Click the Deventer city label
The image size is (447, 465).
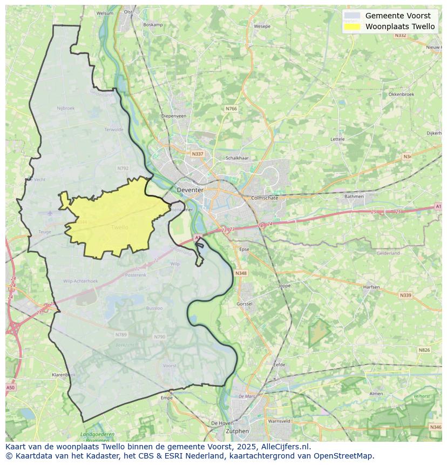[190, 190]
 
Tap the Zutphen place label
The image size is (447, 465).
[238, 431]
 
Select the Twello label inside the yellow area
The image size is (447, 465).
[119, 227]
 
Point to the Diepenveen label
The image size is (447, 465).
[174, 116]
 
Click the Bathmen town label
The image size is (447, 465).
[354, 196]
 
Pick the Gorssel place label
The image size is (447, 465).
[245, 304]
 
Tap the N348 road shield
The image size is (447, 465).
[241, 273]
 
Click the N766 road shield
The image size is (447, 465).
[231, 109]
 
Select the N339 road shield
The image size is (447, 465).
[405, 295]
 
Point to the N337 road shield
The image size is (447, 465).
[198, 154]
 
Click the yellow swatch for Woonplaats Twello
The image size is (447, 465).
[352, 26]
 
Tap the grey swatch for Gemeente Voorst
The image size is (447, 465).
[352, 16]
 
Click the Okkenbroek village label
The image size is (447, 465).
[401, 94]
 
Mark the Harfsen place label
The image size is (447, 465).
[371, 287]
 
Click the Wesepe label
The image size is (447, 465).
[262, 26]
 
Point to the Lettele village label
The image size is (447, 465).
[337, 139]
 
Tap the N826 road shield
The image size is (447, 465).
[424, 350]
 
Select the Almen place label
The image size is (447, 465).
[376, 394]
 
